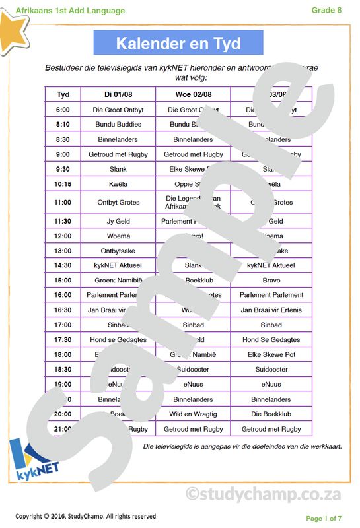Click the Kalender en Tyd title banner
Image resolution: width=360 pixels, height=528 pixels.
[178, 44]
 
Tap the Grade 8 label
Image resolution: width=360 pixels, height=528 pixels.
[327, 9]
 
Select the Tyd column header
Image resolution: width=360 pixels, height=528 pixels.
[63, 94]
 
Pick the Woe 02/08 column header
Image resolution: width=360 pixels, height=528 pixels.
[193, 94]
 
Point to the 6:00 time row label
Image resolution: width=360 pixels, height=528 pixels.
[63, 110]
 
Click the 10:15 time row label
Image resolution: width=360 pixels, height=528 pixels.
[63, 184]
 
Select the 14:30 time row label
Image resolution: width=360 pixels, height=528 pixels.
[63, 265]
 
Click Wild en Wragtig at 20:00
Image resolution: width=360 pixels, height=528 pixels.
[193, 414]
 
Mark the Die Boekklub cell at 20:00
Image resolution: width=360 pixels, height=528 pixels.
[271, 414]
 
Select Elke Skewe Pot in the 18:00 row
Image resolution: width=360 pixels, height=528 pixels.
[271, 354]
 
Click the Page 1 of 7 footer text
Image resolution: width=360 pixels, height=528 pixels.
[324, 518]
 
